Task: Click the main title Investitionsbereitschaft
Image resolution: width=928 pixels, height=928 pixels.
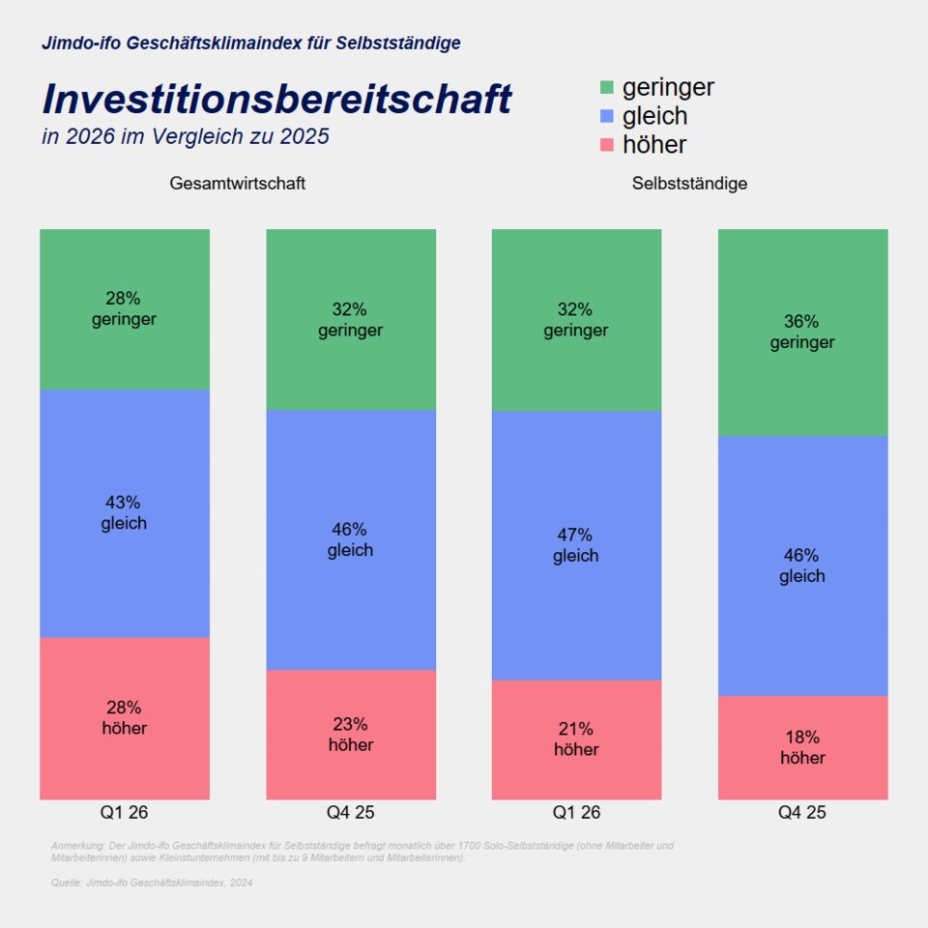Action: pyautogui.click(x=276, y=99)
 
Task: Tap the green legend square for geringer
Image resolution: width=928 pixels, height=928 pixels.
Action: pyautogui.click(x=607, y=88)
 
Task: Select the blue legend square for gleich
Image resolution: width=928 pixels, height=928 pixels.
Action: pyautogui.click(x=607, y=116)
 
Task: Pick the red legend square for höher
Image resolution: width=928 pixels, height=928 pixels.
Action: pyautogui.click(x=607, y=145)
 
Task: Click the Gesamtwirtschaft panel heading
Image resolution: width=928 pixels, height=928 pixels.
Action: pyautogui.click(x=238, y=184)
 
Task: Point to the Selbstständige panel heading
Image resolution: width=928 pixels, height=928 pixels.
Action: pyautogui.click(x=689, y=184)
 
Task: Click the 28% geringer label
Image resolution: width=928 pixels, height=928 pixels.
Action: pyautogui.click(x=125, y=308)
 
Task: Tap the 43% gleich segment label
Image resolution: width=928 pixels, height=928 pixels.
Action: pyautogui.click(x=125, y=513)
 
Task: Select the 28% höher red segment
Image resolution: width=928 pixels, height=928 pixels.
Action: pyautogui.click(x=125, y=718)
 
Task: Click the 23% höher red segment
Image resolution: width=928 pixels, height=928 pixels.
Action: pyautogui.click(x=351, y=735)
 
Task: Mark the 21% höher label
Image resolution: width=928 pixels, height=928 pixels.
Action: pyautogui.click(x=576, y=739)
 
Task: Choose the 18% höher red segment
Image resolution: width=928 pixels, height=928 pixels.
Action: pyautogui.click(x=802, y=747)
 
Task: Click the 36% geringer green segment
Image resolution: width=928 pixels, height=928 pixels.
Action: pyautogui.click(x=802, y=332)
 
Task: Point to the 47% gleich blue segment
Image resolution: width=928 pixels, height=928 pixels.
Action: pyautogui.click(x=576, y=545)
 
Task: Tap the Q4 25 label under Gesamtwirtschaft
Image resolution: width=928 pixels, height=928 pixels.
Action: pyautogui.click(x=351, y=813)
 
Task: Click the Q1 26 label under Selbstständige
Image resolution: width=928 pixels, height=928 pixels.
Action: pyautogui.click(x=576, y=813)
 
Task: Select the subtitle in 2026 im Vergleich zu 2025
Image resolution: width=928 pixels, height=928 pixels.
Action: pyautogui.click(x=186, y=137)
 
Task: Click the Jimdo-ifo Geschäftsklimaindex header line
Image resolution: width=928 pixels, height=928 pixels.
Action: pyautogui.click(x=251, y=43)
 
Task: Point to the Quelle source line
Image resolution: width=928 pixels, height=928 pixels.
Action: pyautogui.click(x=151, y=883)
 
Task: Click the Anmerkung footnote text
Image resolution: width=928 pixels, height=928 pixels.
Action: pyautogui.click(x=362, y=852)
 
